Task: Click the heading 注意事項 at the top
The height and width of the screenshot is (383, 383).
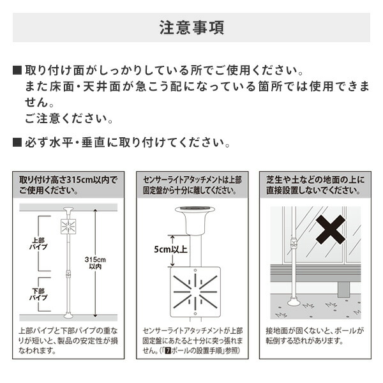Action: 191,29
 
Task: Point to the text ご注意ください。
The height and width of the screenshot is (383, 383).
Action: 70,119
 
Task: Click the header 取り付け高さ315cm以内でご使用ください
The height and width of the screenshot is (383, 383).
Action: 68,185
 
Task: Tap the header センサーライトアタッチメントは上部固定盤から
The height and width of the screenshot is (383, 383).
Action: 191,185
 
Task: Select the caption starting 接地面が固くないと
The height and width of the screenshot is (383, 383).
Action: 314,336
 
